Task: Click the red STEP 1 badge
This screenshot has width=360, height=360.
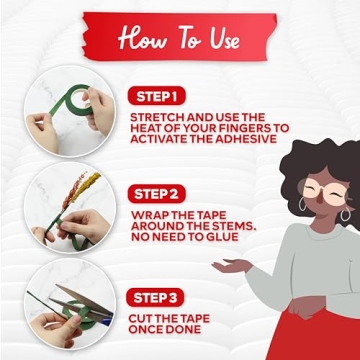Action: click(x=156, y=96)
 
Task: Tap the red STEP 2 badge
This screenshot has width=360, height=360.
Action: click(x=156, y=194)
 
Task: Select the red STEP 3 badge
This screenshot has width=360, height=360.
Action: click(x=155, y=297)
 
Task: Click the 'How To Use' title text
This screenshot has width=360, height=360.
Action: click(x=179, y=39)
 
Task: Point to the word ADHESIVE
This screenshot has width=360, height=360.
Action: click(x=246, y=139)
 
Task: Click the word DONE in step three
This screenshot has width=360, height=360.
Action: click(x=182, y=329)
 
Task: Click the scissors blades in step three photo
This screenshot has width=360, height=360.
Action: click(x=82, y=303)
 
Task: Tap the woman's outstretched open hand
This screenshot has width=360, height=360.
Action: click(x=233, y=266)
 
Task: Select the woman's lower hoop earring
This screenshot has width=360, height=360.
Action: click(x=345, y=214)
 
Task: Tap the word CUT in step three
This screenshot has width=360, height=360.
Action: click(x=141, y=318)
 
